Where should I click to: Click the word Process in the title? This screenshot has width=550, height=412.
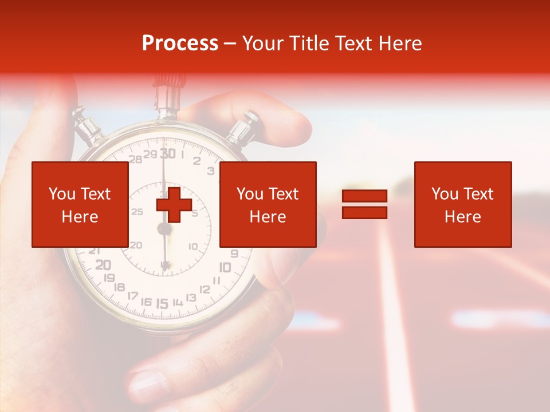pyautogui.click(x=180, y=43)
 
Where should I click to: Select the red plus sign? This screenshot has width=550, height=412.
pyautogui.click(x=174, y=204)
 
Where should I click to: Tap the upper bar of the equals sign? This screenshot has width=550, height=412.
pyautogui.click(x=364, y=196)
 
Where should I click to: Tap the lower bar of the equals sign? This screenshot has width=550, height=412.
pyautogui.click(x=364, y=212)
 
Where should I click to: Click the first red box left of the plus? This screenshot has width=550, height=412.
pyautogui.click(x=80, y=204)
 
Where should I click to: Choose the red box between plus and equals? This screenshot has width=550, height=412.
pyautogui.click(x=268, y=204)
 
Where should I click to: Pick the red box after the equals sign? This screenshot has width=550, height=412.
pyautogui.click(x=462, y=204)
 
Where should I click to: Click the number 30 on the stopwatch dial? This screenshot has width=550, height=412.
pyautogui.click(x=167, y=153)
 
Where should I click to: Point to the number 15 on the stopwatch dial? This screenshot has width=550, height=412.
pyautogui.click(x=162, y=303)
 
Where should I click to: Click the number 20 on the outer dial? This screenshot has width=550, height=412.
pyautogui.click(x=103, y=265)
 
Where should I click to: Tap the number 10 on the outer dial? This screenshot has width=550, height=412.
pyautogui.click(x=225, y=267)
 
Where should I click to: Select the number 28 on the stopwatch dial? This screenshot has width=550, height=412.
pyautogui.click(x=136, y=159)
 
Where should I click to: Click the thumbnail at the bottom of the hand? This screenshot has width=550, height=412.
pyautogui.click(x=147, y=385)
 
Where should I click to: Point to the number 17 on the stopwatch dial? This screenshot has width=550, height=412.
pyautogui.click(x=132, y=295)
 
